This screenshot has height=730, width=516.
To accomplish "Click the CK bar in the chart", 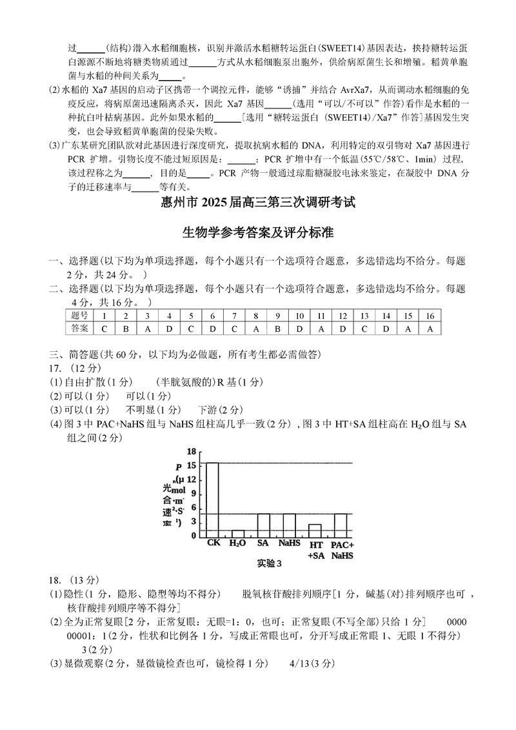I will [212, 499].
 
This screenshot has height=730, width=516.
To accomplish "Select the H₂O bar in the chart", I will [238, 533].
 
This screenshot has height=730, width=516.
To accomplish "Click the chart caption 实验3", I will [270, 563].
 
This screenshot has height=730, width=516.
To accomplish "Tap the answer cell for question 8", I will [255, 329].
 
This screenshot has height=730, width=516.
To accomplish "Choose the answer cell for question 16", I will [430, 329].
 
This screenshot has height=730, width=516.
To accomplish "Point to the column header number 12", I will [342, 316].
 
